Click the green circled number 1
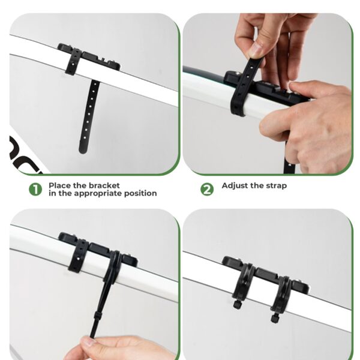(35, 190)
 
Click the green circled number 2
(207, 190)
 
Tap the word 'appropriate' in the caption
(98, 193)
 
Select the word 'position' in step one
(140, 193)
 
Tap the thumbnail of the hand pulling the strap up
(268, 94)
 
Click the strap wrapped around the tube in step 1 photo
(73, 62)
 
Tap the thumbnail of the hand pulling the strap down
(95, 284)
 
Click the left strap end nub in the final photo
(236, 304)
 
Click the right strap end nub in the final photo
(274, 318)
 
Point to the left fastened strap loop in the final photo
(244, 281)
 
